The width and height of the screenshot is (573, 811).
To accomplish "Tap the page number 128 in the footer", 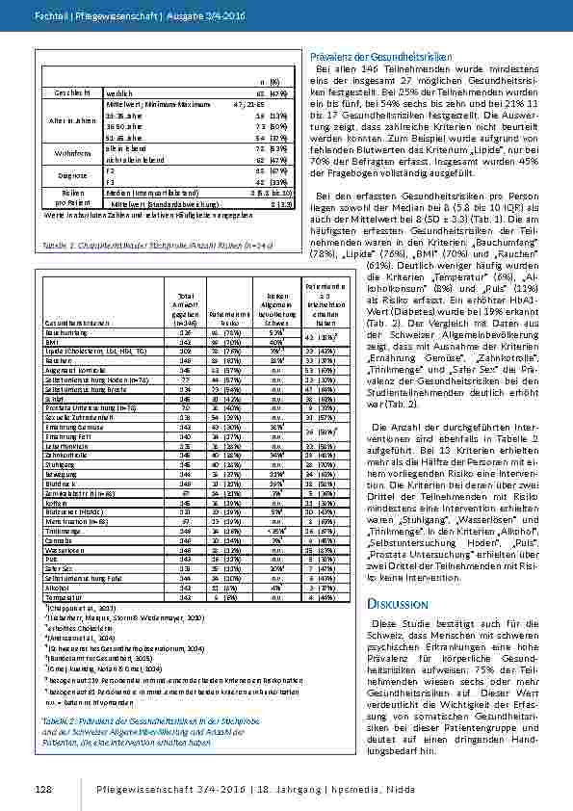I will pos(42,789).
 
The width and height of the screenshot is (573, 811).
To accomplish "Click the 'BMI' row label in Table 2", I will pos(54,341).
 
